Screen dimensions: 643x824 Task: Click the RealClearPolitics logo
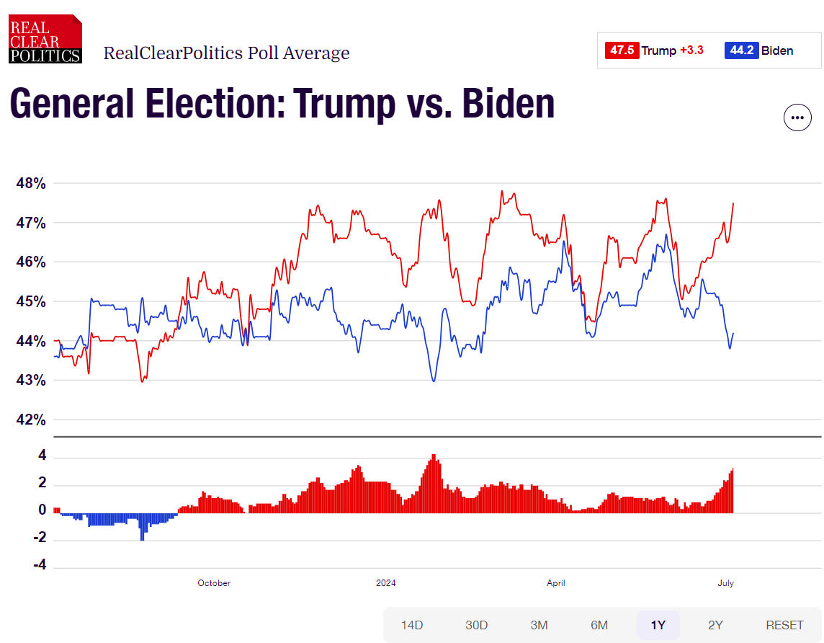click(x=45, y=40)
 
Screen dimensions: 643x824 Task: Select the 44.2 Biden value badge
click(x=742, y=50)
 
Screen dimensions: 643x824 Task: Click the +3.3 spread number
click(x=691, y=50)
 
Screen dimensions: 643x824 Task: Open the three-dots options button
click(x=797, y=117)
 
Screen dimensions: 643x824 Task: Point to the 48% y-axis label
click(x=31, y=184)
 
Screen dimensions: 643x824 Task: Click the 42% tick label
click(x=31, y=420)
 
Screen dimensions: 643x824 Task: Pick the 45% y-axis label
click(x=31, y=301)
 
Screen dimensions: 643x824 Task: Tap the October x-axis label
click(x=214, y=583)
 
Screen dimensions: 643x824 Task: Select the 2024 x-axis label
click(x=386, y=583)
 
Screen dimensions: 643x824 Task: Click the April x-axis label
click(x=555, y=583)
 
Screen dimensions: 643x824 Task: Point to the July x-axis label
click(x=725, y=583)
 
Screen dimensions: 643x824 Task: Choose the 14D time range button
click(x=412, y=625)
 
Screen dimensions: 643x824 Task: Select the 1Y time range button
click(x=658, y=625)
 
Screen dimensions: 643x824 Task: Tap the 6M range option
click(x=599, y=625)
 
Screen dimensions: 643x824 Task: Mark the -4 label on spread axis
click(x=39, y=565)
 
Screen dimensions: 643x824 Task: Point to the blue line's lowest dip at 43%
click(x=434, y=380)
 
